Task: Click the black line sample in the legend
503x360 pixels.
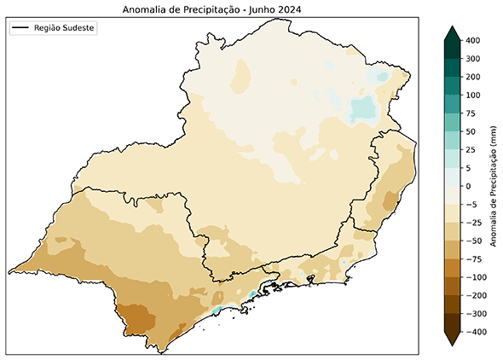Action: (20, 28)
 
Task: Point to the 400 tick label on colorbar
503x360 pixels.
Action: (473, 40)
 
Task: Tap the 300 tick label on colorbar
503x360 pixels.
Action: (473, 59)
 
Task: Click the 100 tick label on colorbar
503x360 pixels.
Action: (473, 95)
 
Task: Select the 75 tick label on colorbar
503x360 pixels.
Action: (471, 113)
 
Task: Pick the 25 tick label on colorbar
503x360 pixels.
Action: (471, 149)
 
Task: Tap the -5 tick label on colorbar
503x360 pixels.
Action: (470, 204)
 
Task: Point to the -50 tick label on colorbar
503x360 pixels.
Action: (472, 241)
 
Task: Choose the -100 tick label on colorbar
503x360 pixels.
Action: (475, 277)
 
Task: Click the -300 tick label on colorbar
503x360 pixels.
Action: (475, 313)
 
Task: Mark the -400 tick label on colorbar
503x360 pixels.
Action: (475, 332)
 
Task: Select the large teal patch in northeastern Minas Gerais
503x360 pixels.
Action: (363, 109)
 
